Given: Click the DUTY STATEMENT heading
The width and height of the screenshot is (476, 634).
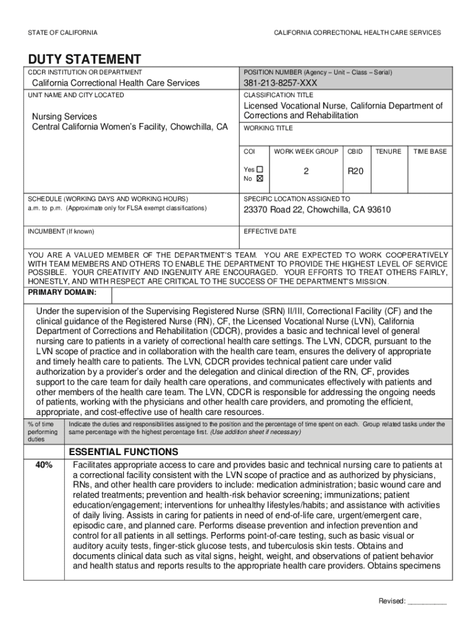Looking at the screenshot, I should pos(85,59).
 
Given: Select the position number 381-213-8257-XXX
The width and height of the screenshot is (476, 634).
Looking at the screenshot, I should pos(282,83).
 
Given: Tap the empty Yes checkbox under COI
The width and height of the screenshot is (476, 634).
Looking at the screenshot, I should pos(260,169).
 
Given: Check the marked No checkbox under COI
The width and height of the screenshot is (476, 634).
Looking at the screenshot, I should pos(260,178).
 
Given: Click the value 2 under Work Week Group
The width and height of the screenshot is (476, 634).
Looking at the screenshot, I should pos(306,173).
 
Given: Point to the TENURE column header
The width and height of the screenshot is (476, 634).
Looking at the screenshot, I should pos(388,151).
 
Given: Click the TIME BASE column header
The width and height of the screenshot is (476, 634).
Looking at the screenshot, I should pos(430,151).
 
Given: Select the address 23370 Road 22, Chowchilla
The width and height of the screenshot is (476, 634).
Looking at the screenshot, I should pos(317,210).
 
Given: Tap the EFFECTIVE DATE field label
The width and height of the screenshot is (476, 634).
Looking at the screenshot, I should pos(270,232).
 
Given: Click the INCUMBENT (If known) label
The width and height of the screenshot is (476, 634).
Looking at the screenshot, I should pos(61,232).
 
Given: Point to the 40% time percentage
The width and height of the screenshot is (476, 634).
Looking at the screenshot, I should pos(43,464).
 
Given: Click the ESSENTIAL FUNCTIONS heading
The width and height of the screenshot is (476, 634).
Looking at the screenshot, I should pos(124,451).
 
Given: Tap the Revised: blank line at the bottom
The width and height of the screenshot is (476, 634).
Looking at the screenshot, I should pos(427,601).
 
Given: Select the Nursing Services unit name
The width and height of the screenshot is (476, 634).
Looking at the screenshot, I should pos(64,116).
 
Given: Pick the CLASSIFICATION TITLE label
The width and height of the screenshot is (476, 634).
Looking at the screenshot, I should pos(278,95).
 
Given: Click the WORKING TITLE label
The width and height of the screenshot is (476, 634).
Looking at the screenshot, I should pos(268,128).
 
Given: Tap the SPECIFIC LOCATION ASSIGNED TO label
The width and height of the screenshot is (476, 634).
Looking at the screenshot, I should pos(297,199).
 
